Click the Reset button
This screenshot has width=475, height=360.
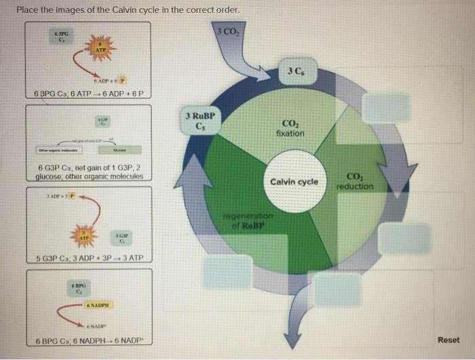click(448, 340)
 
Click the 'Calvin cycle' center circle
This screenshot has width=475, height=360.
click(294, 182)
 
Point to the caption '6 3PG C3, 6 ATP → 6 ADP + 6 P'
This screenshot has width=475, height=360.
click(93, 93)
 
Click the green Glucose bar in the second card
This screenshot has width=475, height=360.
click(119, 151)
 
